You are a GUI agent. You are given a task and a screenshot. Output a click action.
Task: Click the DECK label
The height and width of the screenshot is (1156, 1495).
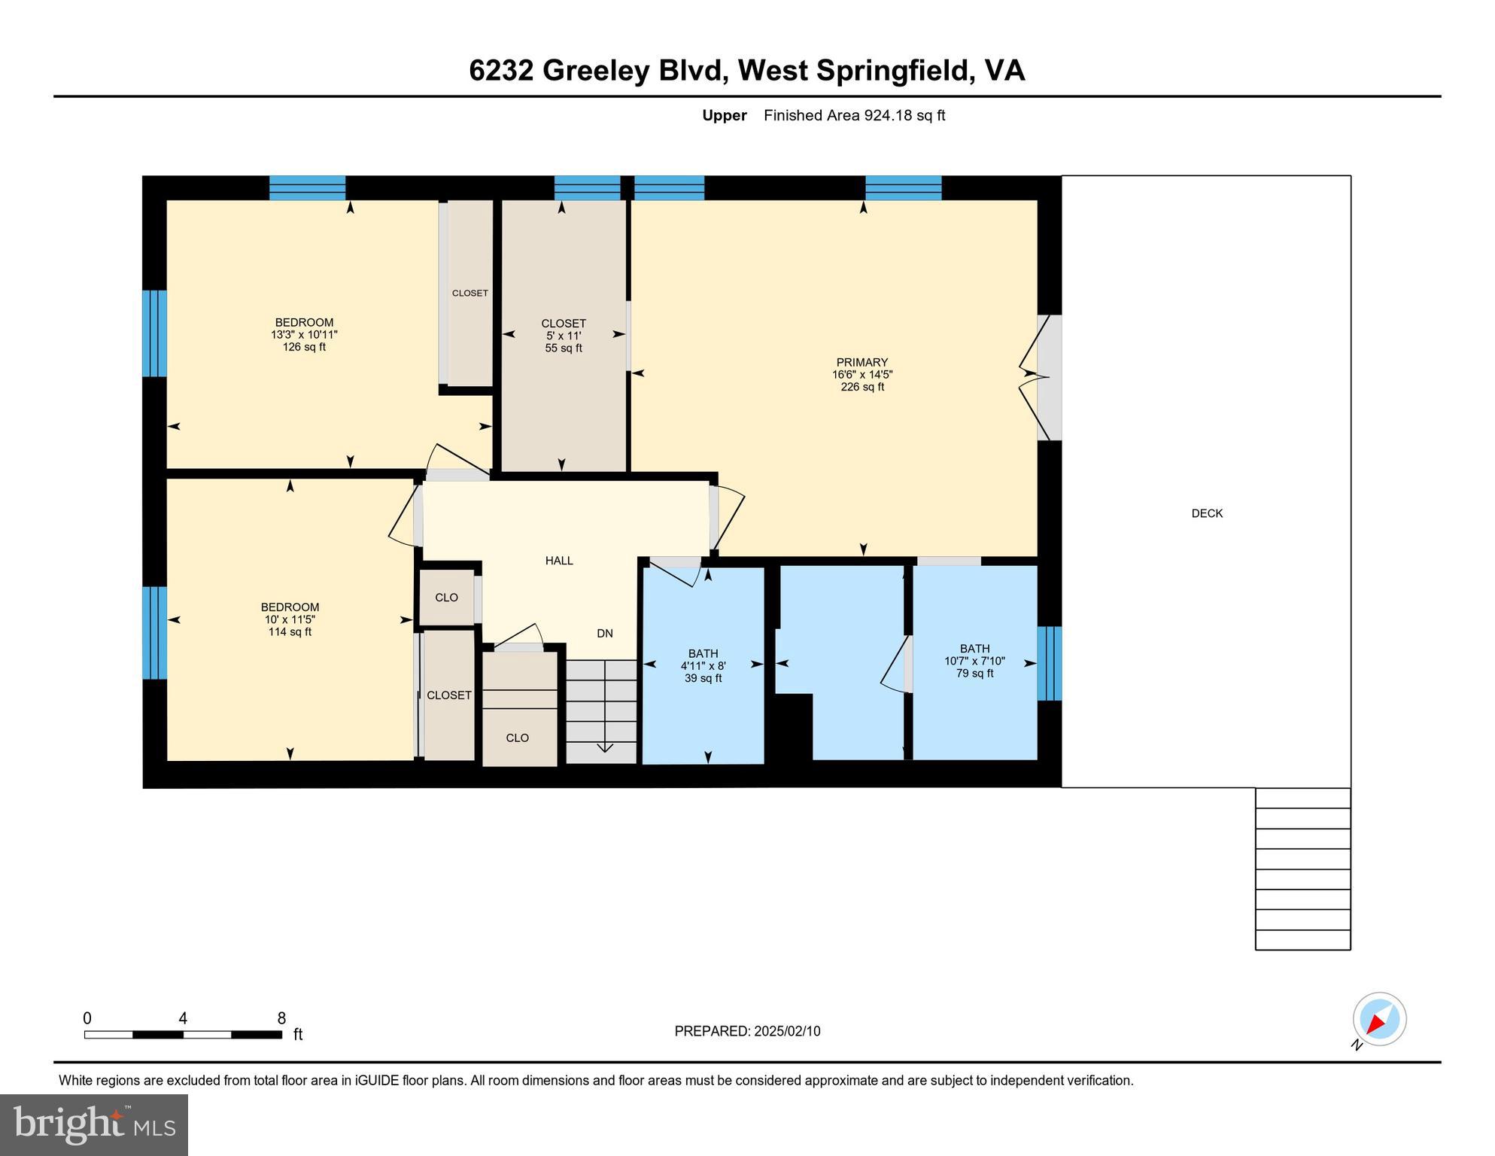pos(1207,513)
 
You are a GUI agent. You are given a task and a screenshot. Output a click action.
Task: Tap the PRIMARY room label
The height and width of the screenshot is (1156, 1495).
pos(861,362)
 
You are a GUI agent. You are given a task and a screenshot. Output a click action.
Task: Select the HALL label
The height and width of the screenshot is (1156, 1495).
pos(559,561)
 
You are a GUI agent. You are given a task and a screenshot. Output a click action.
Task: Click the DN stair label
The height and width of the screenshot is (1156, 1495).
pos(605,634)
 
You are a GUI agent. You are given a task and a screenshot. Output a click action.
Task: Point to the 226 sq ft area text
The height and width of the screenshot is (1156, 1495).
pos(862,387)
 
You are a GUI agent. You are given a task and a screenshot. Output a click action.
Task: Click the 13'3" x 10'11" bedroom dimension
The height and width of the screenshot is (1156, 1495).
pos(304,335)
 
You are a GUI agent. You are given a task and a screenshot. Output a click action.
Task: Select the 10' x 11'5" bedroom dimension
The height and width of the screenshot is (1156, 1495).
pos(290,619)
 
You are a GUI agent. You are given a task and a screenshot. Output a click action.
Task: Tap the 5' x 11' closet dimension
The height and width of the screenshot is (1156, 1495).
pos(564,336)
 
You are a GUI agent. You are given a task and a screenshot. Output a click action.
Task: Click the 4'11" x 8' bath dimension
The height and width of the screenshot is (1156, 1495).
pos(703,666)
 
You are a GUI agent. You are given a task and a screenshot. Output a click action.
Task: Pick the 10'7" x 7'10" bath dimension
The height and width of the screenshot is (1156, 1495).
pos(974,661)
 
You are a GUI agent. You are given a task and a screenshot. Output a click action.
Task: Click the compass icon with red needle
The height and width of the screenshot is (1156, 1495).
pos(1379,1019)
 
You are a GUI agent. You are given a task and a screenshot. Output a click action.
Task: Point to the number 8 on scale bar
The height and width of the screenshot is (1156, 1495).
pos(281,1018)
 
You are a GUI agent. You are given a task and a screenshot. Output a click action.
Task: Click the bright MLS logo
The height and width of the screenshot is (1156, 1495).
pos(94,1124)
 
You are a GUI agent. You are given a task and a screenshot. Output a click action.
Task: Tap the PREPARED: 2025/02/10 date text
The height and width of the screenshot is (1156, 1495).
pos(747,1031)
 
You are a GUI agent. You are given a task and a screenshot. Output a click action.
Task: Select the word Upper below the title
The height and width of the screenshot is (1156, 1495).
pos(724,115)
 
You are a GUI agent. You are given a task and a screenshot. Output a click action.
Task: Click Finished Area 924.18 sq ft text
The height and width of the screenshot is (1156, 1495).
pos(854,115)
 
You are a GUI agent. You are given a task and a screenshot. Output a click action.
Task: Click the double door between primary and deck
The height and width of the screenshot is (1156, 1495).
pos(1042,377)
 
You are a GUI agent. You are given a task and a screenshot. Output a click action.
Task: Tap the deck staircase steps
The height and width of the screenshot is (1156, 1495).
pos(1302,869)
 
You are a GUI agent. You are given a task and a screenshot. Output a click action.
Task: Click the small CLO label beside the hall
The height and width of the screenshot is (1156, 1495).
pos(446,598)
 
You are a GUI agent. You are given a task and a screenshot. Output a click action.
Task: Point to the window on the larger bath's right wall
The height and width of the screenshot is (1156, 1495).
pos(1049,663)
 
